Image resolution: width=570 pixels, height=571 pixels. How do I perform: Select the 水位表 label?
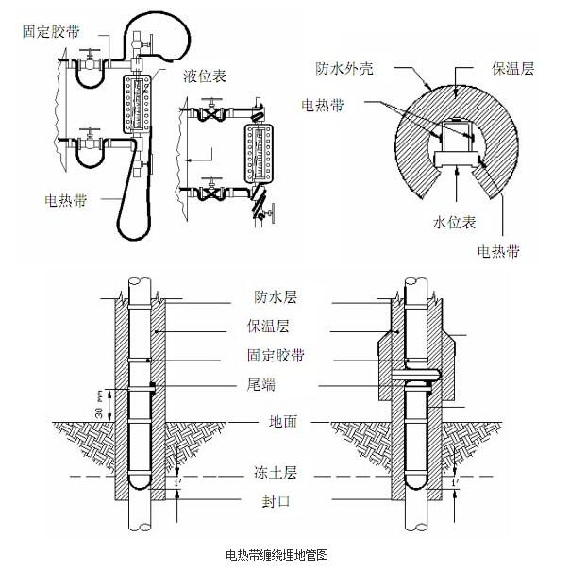[x=453, y=224]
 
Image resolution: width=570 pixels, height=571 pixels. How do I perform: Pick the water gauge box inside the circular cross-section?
[x=456, y=142]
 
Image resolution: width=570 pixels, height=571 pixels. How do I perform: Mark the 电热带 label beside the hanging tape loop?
[x=67, y=200]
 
